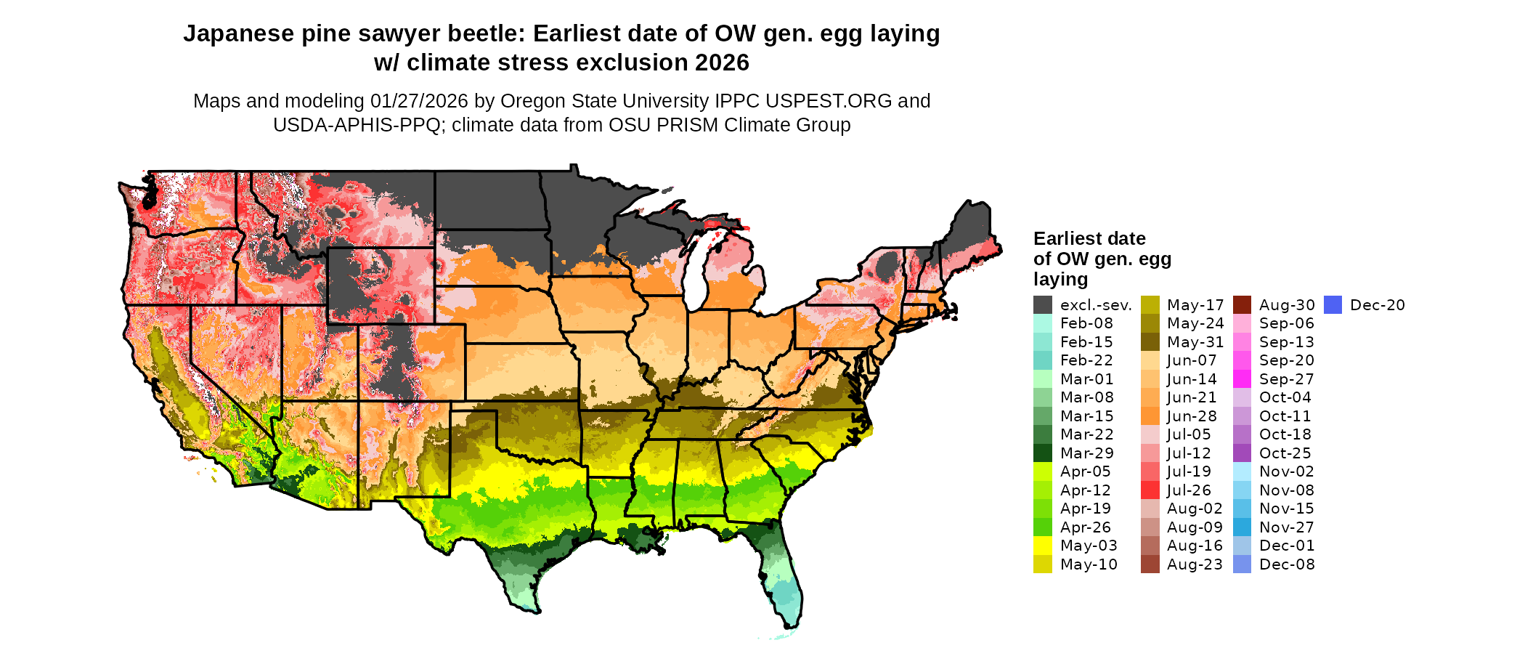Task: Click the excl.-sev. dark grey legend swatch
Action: [x=1043, y=305]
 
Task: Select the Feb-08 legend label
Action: [x=1086, y=323]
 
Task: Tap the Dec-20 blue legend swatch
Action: [x=1333, y=305]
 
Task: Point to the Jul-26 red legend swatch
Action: [x=1150, y=490]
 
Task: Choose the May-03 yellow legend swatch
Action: [x=1043, y=546]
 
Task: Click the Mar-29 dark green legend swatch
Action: [x=1043, y=453]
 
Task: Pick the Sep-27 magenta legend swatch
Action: [x=1243, y=379]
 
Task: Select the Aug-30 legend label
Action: [x=1287, y=305]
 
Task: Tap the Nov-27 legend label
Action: [x=1287, y=527]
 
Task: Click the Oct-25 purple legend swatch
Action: [x=1243, y=453]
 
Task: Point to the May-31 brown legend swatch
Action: [x=1150, y=342]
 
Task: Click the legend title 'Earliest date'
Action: [x=1089, y=239]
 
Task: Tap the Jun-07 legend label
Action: [x=1192, y=361]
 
